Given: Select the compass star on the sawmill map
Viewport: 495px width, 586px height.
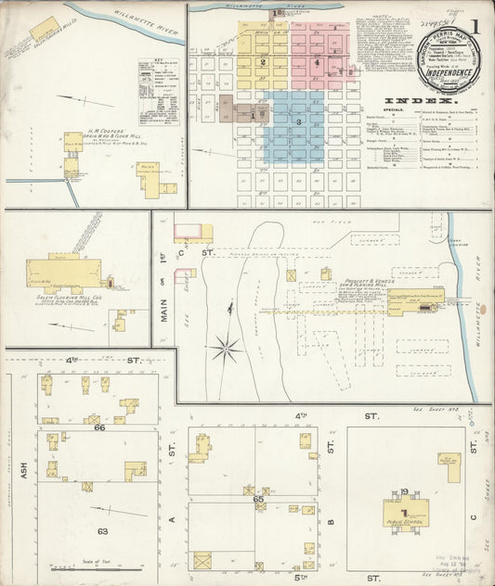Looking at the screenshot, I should point(225,349).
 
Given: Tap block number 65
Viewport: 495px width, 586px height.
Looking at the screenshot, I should point(259,499).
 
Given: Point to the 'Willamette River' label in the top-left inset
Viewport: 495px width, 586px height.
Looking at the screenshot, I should point(127,15).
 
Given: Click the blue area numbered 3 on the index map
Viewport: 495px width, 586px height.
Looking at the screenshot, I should point(298,121).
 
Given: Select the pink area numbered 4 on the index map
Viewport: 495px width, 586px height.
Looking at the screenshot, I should point(317,63).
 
